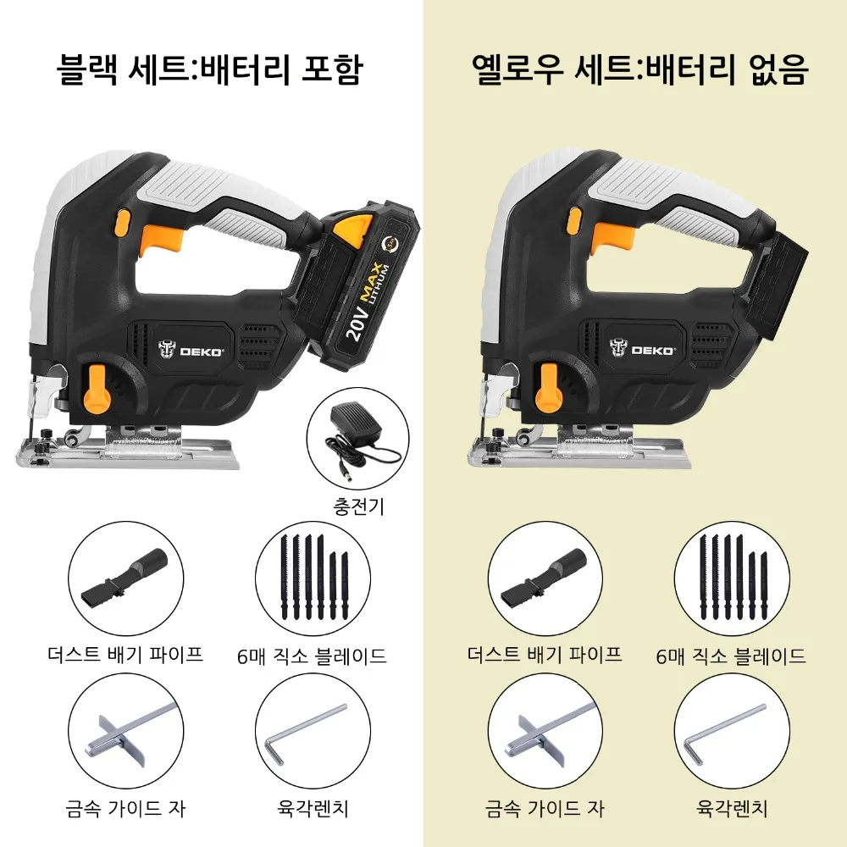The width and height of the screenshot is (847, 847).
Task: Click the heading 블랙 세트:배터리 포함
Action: (209, 69)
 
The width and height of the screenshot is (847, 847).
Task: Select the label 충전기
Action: (357, 507)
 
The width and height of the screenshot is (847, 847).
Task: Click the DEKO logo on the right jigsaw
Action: (644, 347)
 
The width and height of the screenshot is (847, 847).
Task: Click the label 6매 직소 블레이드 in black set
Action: (313, 656)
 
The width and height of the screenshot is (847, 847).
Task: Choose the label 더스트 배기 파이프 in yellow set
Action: (545, 654)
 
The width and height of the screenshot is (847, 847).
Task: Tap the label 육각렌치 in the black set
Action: (313, 809)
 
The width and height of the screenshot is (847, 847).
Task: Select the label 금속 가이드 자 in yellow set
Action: (545, 809)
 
